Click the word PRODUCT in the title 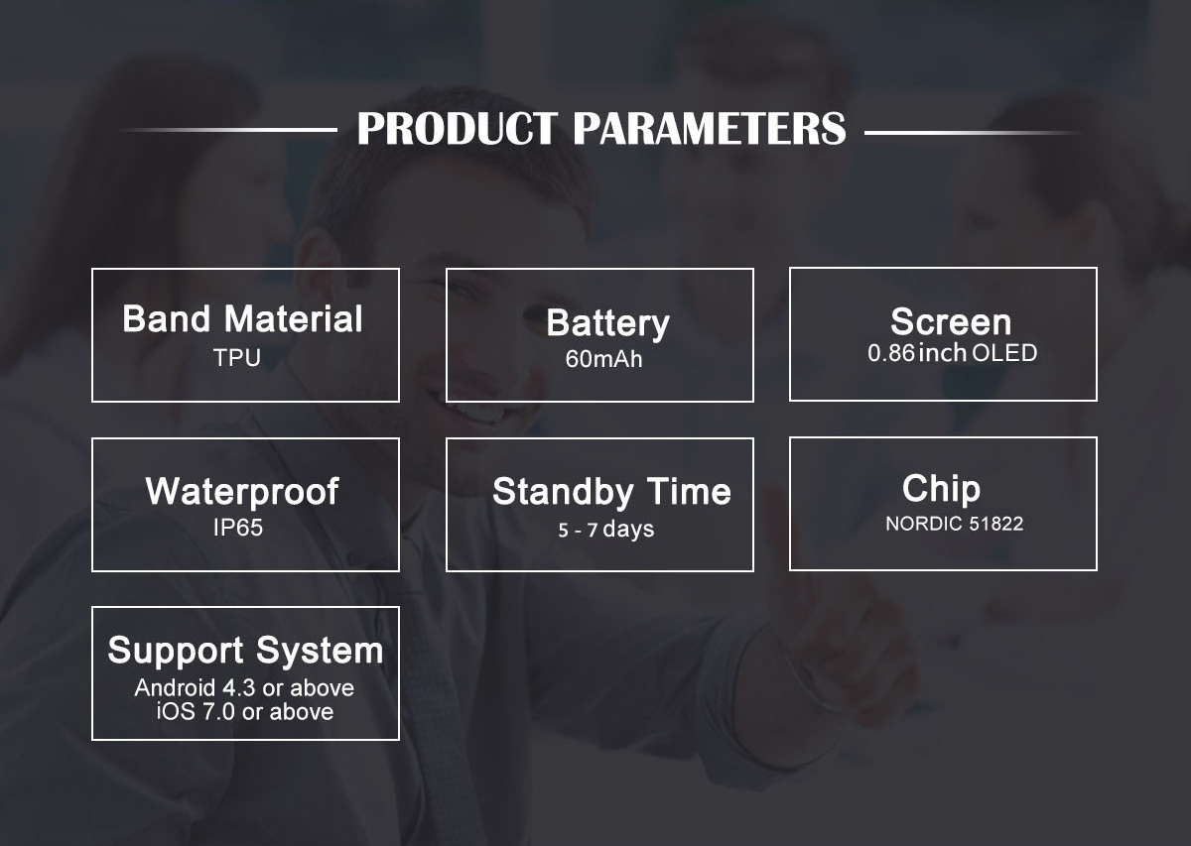tap(458, 129)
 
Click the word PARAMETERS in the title tap(710, 129)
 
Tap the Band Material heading tap(242, 318)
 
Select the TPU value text tap(237, 358)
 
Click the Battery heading tap(607, 323)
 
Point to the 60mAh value tap(603, 359)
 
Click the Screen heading tap(951, 321)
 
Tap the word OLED tap(1004, 353)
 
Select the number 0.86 tap(891, 353)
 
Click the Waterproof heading tap(242, 492)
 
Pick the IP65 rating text tap(237, 528)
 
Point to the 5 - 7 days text tap(606, 530)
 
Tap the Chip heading tap(941, 488)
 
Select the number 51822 tap(995, 524)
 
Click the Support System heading tap(245, 651)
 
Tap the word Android tap(175, 687)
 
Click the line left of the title tap(229, 130)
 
